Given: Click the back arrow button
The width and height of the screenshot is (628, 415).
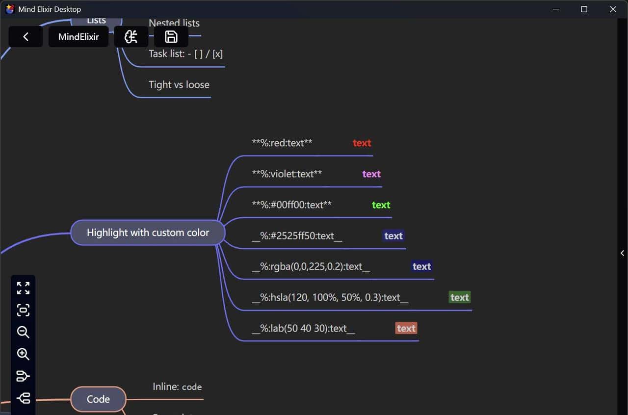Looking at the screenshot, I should tap(26, 37).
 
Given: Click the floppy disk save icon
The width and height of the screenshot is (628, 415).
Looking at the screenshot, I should tap(171, 37).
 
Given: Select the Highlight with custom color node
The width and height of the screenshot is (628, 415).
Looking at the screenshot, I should tap(148, 233).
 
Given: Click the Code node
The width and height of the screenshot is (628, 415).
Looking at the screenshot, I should tap(98, 399).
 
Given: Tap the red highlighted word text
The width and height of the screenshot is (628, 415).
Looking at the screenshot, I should tap(362, 143).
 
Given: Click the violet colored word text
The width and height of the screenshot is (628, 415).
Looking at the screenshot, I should tap(371, 174).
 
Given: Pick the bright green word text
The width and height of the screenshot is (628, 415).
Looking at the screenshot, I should tap(381, 205).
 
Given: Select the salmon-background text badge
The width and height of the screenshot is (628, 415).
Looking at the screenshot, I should tap(406, 328).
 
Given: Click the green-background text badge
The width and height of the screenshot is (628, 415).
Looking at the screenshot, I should tap(459, 297).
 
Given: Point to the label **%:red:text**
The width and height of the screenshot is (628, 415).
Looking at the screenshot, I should tap(282, 143).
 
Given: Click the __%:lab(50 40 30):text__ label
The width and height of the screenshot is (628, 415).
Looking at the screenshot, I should tap(303, 328).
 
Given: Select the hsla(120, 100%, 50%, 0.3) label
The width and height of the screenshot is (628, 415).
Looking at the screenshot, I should tap(330, 297).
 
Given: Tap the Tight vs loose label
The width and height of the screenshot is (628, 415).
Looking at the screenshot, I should tap(179, 84).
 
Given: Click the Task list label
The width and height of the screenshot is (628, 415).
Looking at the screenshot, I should tap(185, 53).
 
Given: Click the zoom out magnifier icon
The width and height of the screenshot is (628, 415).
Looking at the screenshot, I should tap(23, 332).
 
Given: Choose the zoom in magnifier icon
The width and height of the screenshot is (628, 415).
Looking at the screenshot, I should tap(23, 354).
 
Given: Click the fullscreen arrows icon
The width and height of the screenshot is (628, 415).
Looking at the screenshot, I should tap(23, 288).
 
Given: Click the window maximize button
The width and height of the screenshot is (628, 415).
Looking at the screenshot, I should tap(584, 9).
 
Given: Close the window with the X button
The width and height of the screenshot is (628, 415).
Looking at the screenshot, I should tap(613, 9).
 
